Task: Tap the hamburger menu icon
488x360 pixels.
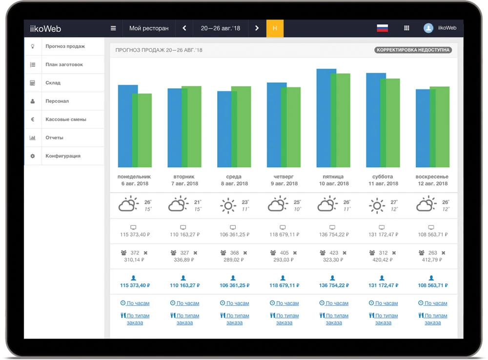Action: pos(113,28)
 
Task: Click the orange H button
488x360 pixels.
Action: pos(275,28)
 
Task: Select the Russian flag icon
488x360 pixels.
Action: pos(382,28)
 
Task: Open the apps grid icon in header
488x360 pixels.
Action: pos(407,28)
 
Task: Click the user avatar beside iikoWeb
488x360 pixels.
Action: pos(428,28)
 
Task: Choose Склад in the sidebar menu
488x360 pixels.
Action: pos(53,83)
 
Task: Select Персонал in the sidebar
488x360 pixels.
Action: pos(57,101)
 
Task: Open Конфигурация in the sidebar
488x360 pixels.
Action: pos(63,156)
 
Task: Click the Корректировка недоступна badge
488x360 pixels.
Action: pos(413,50)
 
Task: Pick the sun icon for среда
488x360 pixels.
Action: pos(228,205)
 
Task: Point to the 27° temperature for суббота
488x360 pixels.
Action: pos(393,202)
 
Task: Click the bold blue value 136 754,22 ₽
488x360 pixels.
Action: pos(334,285)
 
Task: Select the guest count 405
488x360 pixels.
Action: pos(285,253)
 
